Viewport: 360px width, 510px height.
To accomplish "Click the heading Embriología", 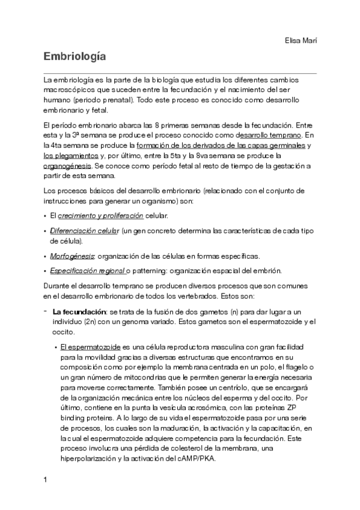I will coord(75,58).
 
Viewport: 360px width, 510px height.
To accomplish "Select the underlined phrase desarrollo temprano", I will coord(271,135).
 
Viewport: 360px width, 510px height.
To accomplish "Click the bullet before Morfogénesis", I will coord(46,256).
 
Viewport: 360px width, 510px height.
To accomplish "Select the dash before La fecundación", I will coord(46,312).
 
